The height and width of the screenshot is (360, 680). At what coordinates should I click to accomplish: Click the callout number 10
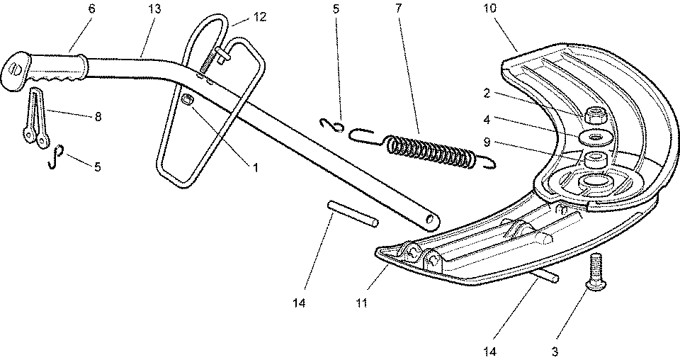pos(490,9)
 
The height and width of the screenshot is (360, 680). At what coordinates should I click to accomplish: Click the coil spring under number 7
pos(431,150)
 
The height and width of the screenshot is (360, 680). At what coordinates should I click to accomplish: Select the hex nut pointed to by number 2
pos(593,113)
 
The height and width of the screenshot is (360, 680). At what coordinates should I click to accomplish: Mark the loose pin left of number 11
pos(353,215)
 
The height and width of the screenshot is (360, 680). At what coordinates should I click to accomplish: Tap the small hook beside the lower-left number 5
pos(55,157)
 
